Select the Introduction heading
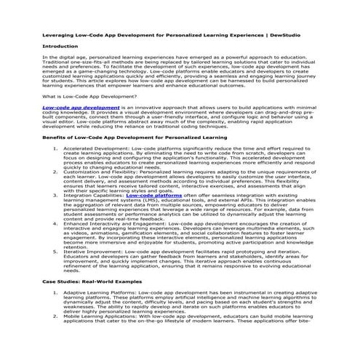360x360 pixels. click(x=62, y=47)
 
